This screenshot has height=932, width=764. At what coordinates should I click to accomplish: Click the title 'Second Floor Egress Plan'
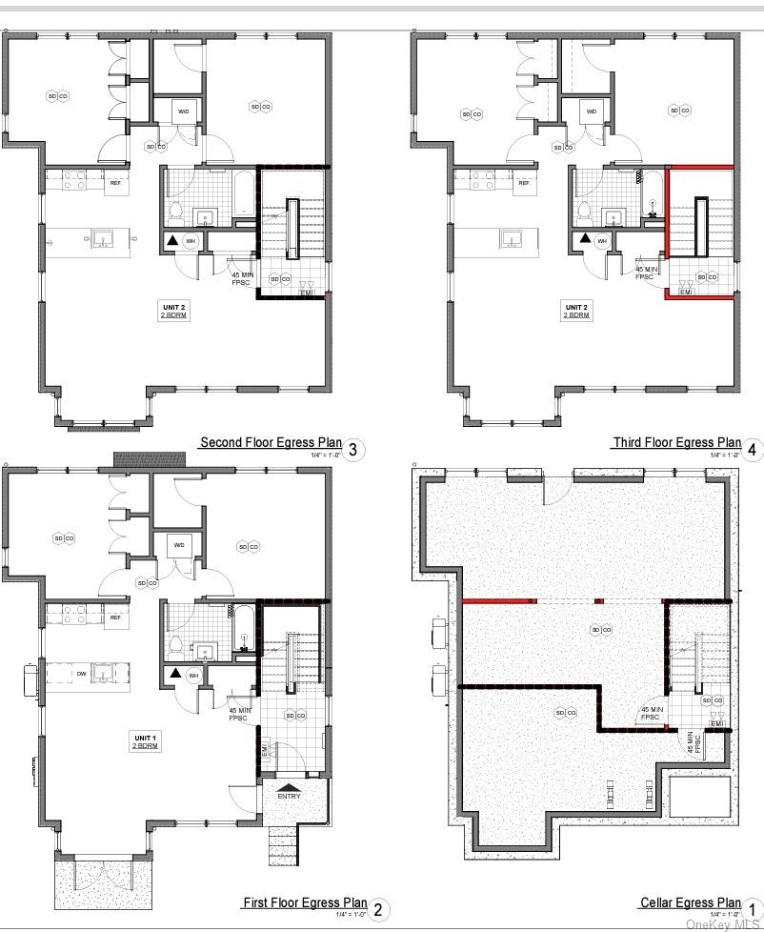point(271,442)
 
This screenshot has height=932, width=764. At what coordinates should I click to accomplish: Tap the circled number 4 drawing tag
point(754,450)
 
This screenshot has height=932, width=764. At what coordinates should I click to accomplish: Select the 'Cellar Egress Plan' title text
point(690,902)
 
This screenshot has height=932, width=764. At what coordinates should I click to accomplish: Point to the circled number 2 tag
point(377,910)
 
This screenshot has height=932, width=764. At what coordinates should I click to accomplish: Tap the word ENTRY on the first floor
point(289,796)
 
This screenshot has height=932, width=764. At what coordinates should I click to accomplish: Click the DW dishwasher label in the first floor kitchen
point(81,674)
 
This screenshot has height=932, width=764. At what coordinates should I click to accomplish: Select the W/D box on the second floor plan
point(184,111)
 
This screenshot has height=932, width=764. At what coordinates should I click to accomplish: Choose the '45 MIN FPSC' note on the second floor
point(242,278)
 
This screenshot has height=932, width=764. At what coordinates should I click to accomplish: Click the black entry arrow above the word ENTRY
point(289,786)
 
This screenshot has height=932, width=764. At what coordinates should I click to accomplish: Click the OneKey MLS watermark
point(723,924)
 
